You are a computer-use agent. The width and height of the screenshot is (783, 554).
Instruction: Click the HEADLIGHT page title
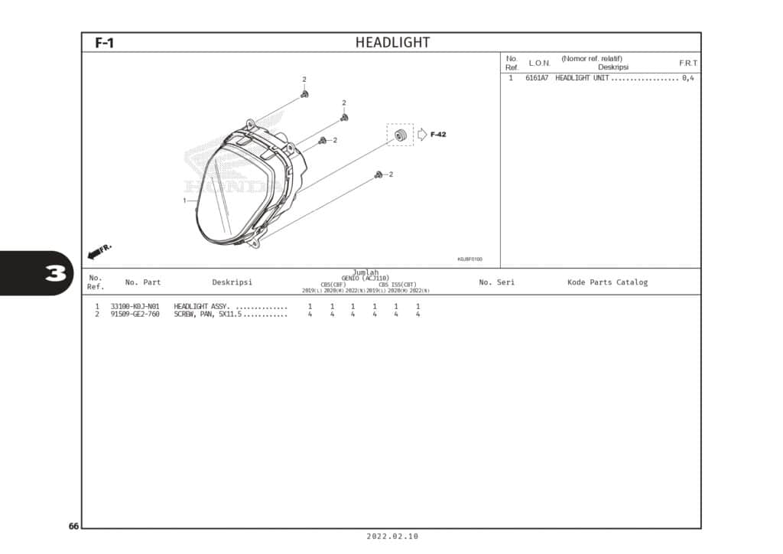392,43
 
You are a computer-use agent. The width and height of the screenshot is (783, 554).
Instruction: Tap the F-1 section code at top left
104,44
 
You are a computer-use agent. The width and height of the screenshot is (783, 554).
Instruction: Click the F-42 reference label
438,135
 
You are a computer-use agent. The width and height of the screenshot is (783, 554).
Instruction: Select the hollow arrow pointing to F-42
422,135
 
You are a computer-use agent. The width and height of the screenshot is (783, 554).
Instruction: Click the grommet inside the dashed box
399,135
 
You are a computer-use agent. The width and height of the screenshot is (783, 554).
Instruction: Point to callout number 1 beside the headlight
184,200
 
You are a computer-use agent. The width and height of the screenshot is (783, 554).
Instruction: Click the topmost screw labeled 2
304,94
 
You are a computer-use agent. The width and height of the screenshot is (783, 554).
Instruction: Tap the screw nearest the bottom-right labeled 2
379,175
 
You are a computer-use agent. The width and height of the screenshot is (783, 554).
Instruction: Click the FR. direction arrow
99,251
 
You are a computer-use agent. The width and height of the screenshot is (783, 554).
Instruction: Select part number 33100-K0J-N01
135,306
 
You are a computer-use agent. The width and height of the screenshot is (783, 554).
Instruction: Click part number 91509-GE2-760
135,314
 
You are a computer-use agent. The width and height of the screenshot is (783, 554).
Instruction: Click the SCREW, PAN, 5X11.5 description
208,314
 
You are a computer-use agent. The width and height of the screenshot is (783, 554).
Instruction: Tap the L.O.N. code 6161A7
537,79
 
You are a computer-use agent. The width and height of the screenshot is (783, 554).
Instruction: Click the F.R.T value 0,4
688,79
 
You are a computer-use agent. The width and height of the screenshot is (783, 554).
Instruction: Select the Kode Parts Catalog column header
607,282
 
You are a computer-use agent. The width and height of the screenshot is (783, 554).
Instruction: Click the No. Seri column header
496,282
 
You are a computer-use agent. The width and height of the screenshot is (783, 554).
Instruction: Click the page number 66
73,526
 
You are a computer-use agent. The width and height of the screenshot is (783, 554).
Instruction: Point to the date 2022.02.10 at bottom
392,537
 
